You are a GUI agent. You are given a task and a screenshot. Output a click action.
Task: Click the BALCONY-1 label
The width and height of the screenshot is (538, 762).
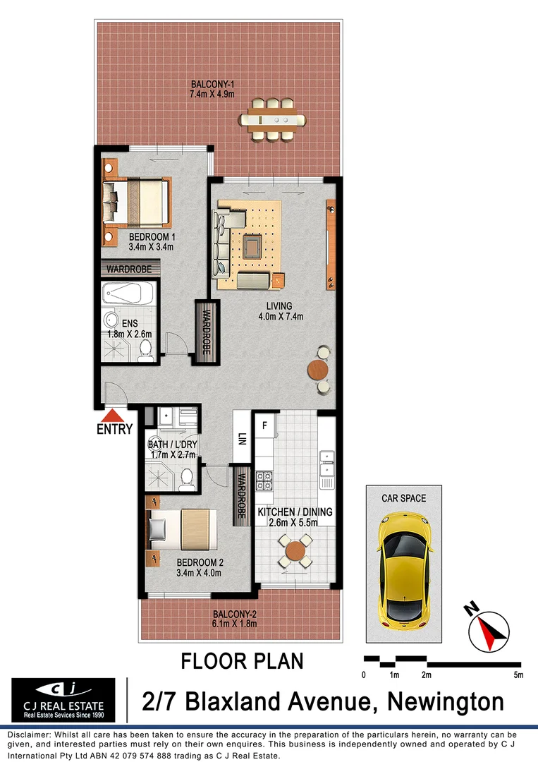click(212, 90)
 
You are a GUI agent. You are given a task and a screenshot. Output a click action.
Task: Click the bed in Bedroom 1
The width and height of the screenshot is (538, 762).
click(137, 200)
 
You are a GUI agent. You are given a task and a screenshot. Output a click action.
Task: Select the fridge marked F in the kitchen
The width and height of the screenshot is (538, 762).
click(264, 425)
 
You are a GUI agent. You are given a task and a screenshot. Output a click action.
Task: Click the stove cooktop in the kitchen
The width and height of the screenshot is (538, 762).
click(264, 481)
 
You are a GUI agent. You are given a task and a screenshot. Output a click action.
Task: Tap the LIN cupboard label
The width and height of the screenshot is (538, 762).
click(241, 438)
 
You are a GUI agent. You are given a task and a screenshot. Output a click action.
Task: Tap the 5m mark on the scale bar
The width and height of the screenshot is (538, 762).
click(519, 675)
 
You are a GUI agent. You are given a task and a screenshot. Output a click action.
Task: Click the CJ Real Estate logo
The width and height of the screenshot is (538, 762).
click(63, 700)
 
